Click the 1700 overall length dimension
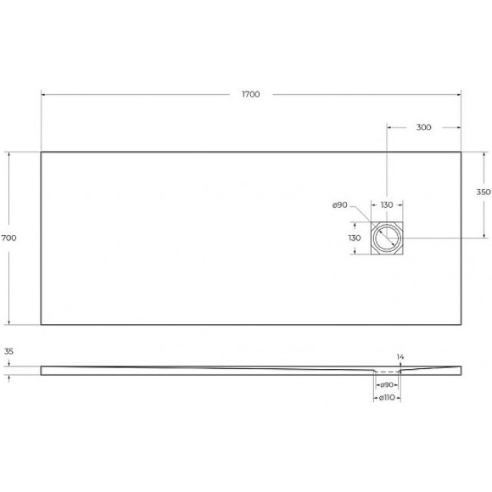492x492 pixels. click(250, 94)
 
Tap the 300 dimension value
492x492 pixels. click(424, 127)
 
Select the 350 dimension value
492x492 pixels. click(483, 193)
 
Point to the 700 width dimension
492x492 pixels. click(10, 238)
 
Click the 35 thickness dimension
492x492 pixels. click(10, 350)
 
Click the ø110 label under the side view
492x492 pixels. click(388, 398)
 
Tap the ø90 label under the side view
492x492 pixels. click(388, 385)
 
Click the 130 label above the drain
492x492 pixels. click(387, 205)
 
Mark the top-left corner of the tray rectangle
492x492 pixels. click(41, 152)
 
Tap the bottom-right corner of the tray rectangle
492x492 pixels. click(461, 324)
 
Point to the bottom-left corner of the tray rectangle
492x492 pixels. click(41, 324)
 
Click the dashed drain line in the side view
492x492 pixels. click(388, 372)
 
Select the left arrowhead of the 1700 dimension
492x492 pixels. click(43, 94)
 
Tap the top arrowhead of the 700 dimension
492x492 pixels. click(10, 154)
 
